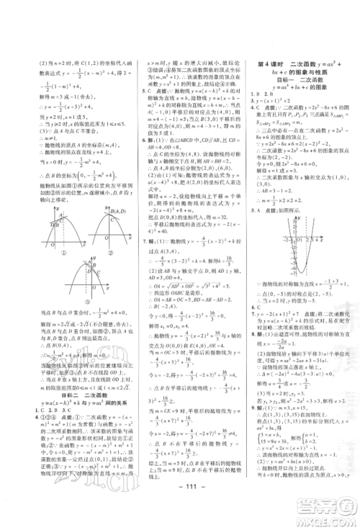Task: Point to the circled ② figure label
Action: pos(112,252)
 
